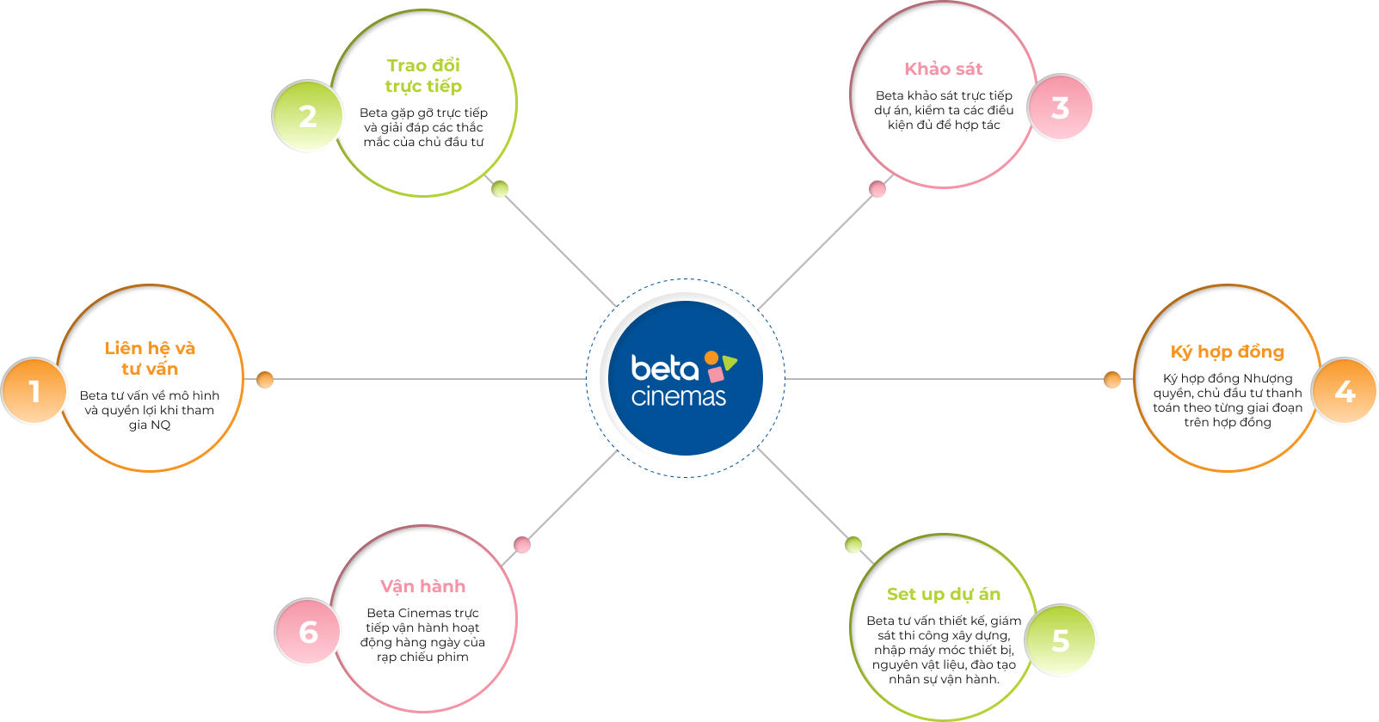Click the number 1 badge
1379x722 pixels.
coord(34,391)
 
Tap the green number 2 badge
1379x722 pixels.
coord(307,116)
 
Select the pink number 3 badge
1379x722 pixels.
coord(1061,107)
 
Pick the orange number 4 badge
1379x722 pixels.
coord(1345,391)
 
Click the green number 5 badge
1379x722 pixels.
coord(1061,640)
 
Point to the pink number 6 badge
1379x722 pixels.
coord(307,632)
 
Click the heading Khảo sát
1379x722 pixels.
coord(943,69)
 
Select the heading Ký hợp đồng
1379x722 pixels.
coord(1227,352)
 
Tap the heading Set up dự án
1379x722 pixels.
coord(943,594)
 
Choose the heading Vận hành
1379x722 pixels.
coord(422,586)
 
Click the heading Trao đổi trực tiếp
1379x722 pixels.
coord(423,76)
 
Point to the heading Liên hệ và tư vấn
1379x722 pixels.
coord(150,358)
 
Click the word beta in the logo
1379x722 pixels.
coord(664,369)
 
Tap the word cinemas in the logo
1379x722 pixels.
coord(678,397)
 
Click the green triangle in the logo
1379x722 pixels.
coord(730,363)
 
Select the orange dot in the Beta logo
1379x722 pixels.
coord(711,358)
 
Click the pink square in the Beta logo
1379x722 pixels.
coord(716,375)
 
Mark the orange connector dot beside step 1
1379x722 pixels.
coord(265,379)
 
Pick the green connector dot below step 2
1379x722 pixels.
coord(500,189)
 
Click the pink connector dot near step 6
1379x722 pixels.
coord(522,545)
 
